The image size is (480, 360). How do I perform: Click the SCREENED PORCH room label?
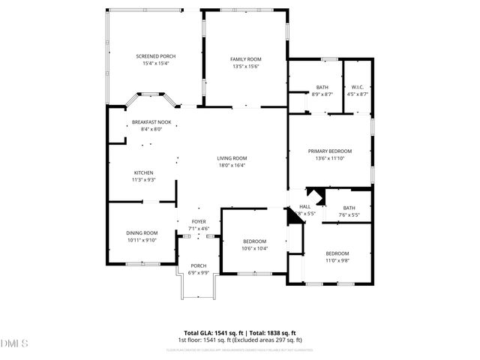coord(156,57)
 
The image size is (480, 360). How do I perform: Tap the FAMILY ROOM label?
coord(245,59)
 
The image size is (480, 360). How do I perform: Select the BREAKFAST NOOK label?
coord(151,122)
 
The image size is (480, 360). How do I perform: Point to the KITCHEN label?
coord(143,172)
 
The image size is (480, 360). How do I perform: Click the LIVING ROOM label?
coord(232,158)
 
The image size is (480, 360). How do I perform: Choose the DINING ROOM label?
coord(142,233)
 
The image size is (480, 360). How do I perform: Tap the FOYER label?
coord(199,222)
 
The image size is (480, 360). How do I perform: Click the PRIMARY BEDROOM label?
coord(330,151)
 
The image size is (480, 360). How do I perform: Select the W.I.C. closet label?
coord(358,87)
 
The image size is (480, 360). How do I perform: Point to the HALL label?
coord(304,207)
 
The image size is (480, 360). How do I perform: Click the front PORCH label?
coord(199,265)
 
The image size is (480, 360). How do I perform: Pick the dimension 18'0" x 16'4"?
coord(232,165)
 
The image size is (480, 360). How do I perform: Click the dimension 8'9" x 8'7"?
coord(322,94)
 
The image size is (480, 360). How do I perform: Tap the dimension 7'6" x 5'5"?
coord(349,214)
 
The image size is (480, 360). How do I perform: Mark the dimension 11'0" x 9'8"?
coord(337,260)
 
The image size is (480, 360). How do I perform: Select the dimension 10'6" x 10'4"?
coord(254,247)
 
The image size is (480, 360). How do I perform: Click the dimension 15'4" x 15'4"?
coord(156,64)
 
